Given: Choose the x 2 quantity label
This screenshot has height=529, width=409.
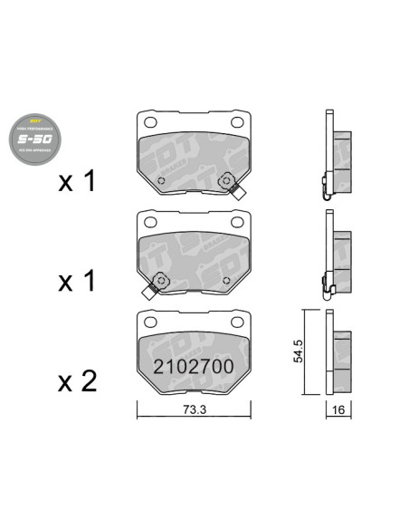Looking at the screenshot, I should click(x=77, y=382).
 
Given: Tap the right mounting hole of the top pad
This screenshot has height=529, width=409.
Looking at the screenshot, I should click(x=238, y=123).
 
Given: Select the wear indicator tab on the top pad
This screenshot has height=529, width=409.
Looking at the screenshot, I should click(x=241, y=192).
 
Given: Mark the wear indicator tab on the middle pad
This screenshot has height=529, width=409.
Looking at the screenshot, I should click(x=149, y=293).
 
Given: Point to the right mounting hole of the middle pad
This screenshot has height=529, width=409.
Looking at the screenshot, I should click(x=238, y=223).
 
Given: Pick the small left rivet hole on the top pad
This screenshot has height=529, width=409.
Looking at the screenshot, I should click(x=160, y=180).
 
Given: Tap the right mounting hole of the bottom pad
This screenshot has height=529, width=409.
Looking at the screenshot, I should click(x=238, y=322).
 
